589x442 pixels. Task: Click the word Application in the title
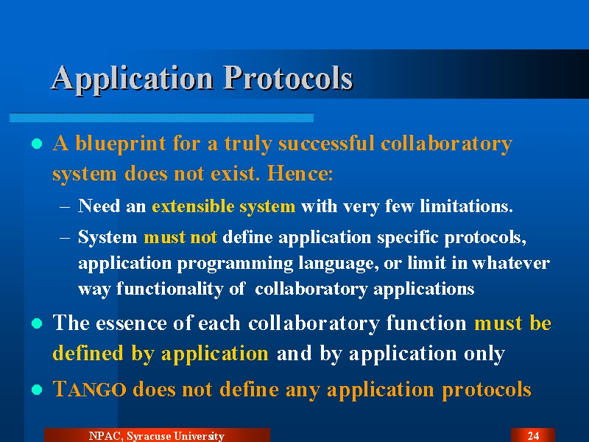pyautogui.click(x=133, y=78)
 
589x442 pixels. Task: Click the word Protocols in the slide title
pyautogui.click(x=288, y=77)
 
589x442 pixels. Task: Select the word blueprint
pyautogui.click(x=121, y=144)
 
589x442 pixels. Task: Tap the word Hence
pyautogui.click(x=300, y=173)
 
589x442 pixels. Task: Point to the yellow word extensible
pyautogui.click(x=193, y=206)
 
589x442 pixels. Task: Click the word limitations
pyautogui.click(x=466, y=206)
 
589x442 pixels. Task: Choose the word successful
pyautogui.click(x=326, y=143)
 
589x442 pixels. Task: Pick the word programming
pyautogui.click(x=235, y=264)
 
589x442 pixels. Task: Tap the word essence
pyautogui.click(x=131, y=323)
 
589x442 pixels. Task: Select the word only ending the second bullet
pyautogui.click(x=484, y=354)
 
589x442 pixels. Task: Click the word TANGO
pyautogui.click(x=89, y=389)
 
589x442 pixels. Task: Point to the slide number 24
pyautogui.click(x=533, y=435)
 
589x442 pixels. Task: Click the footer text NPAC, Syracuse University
pyautogui.click(x=157, y=436)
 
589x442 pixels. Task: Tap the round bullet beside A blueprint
pyautogui.click(x=37, y=144)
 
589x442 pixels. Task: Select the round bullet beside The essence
pyautogui.click(x=37, y=323)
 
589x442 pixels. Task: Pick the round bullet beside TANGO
pyautogui.click(x=37, y=390)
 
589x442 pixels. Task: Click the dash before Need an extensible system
pyautogui.click(x=65, y=207)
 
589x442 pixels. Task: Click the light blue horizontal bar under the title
pyautogui.click(x=161, y=118)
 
